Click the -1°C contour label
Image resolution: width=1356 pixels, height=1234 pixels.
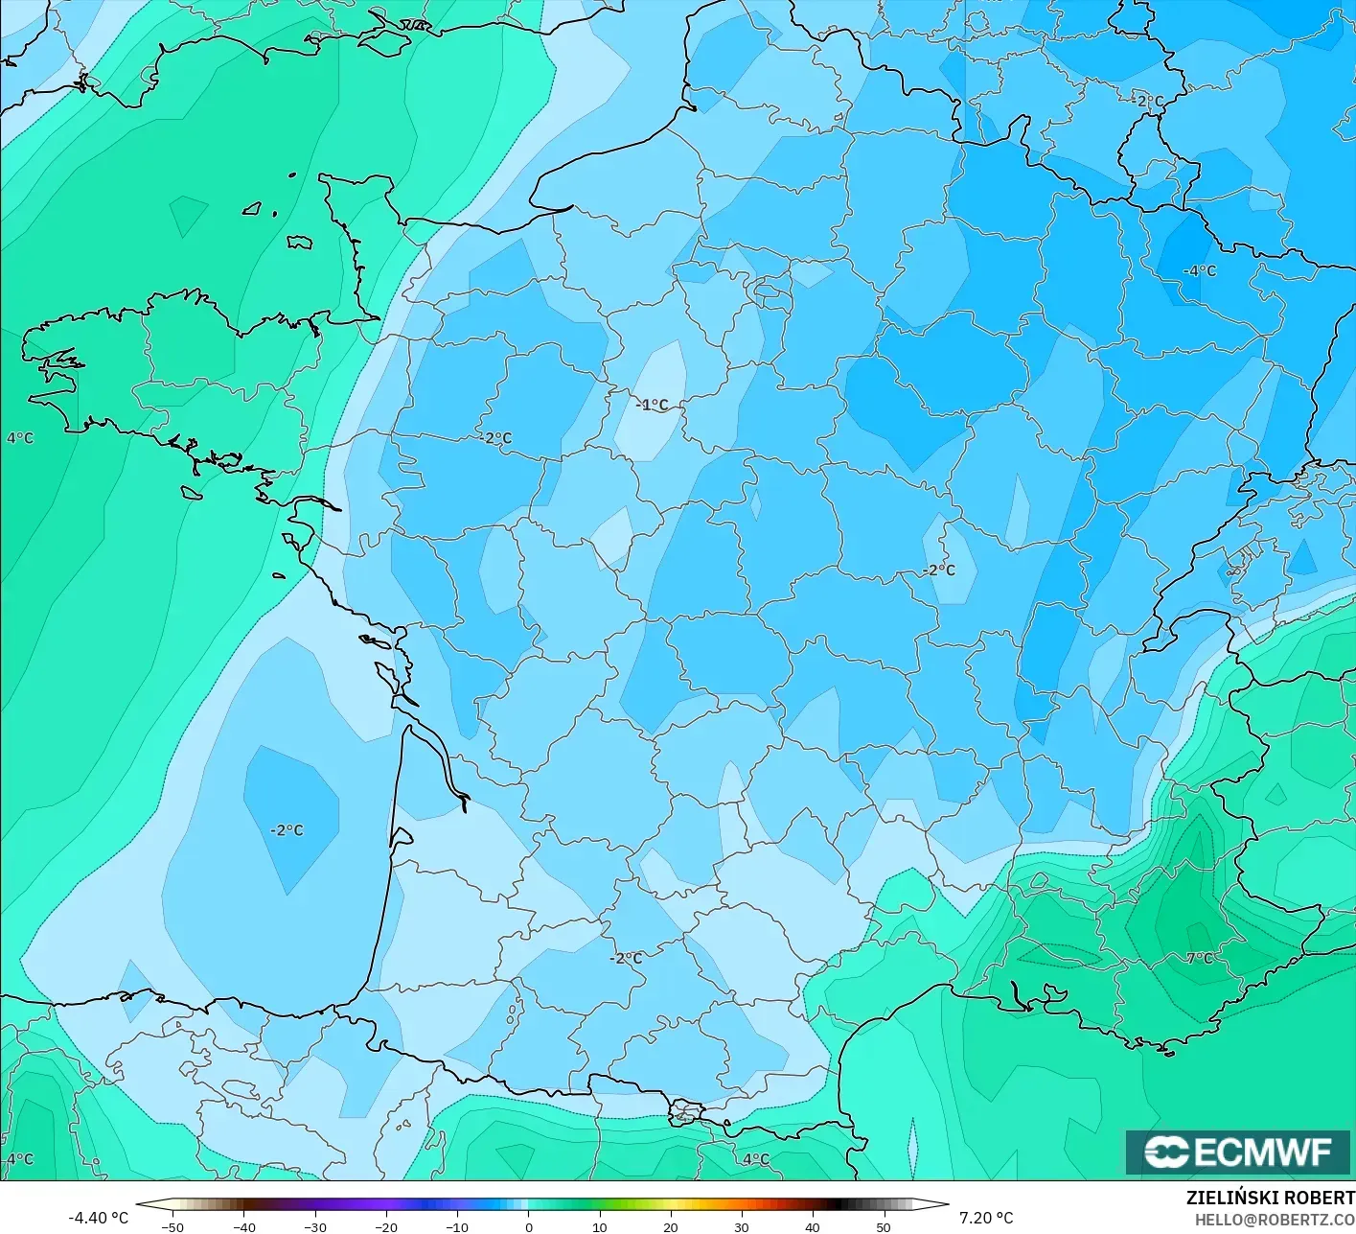652,405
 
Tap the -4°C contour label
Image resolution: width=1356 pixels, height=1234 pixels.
1199,271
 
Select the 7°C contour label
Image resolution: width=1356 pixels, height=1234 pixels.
1200,958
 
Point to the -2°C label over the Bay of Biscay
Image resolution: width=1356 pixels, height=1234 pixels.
287,830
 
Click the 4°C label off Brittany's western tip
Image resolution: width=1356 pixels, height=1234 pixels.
20,438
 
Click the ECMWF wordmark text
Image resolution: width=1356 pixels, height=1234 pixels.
1263,1152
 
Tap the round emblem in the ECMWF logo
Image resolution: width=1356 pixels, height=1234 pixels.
1166,1152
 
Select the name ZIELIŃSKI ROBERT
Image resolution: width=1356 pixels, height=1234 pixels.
1270,1198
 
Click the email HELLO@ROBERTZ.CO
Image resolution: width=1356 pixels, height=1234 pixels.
1274,1219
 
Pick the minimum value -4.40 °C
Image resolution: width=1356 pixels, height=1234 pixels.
98,1218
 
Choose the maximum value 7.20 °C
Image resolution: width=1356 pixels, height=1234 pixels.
986,1218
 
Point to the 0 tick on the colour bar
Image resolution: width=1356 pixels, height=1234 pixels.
528,1226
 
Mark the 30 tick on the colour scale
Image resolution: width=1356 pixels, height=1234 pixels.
742,1226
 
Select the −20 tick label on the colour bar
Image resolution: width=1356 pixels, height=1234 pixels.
385,1226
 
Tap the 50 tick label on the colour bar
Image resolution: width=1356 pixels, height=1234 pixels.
884,1226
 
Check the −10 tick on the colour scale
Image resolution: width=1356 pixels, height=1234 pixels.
457,1226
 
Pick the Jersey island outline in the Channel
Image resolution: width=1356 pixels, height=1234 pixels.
300,243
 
